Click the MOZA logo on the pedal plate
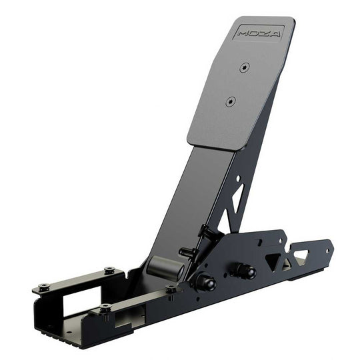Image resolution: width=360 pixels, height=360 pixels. coord(259,32)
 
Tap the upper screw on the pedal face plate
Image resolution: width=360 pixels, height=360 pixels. coord(245,67)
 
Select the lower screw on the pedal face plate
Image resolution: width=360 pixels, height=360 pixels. coord(231,102)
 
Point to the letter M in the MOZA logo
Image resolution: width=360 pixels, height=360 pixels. coord(243,33)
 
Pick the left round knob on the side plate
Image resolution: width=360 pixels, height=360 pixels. coord(203,281)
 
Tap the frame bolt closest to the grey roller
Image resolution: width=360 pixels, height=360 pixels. coord(171,289)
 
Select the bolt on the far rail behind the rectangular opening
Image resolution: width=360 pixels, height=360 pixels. coord(109,271)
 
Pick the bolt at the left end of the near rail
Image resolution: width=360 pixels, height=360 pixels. coord(105,308)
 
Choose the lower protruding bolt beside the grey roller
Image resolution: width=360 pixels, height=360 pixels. coord(187,252)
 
